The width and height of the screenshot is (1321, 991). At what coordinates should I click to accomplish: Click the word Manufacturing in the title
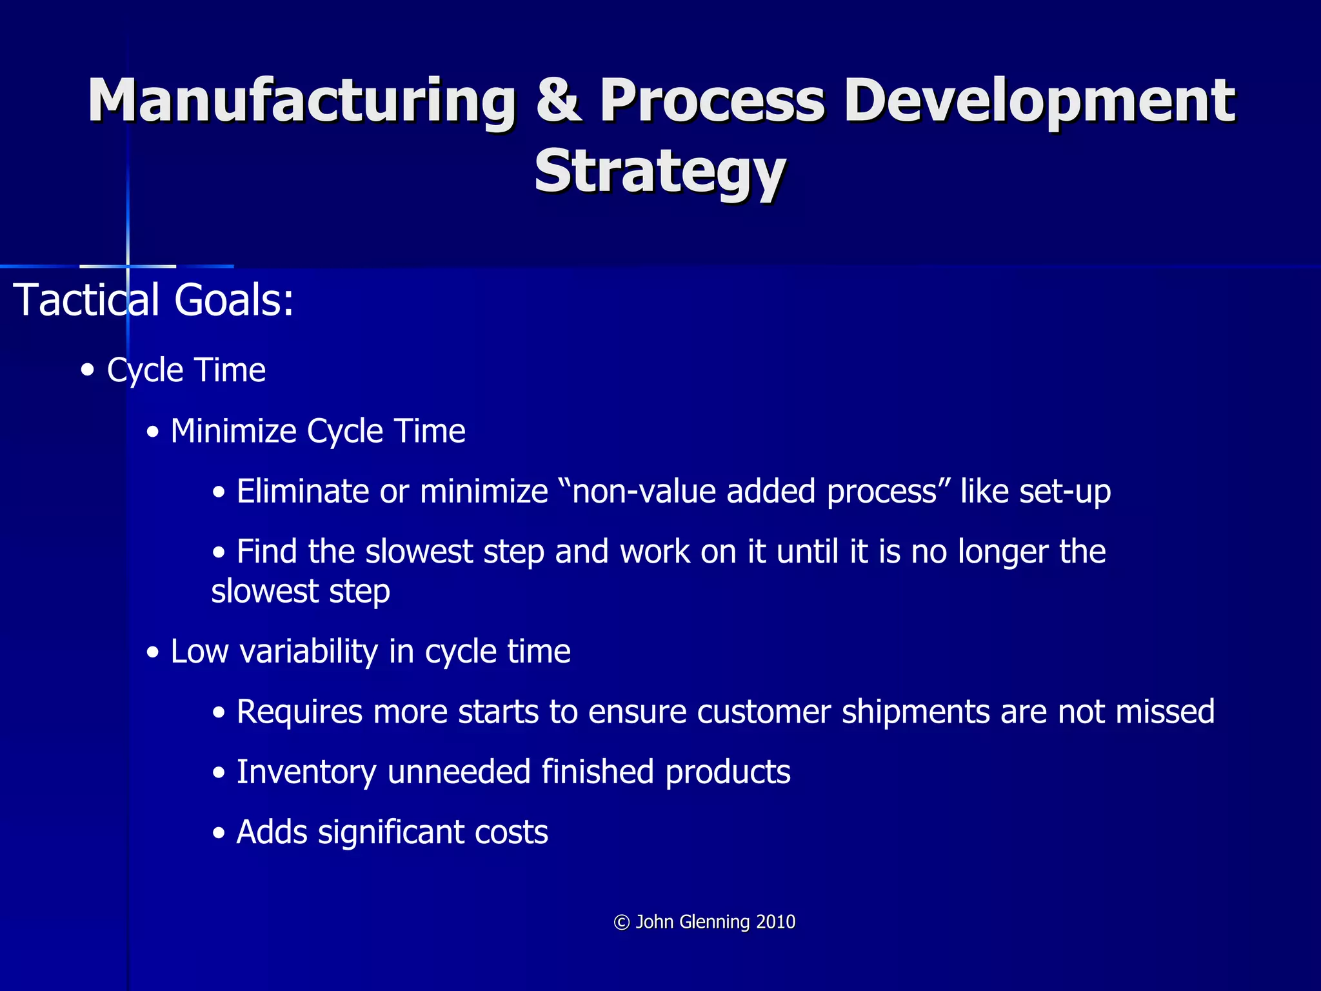[x=302, y=101]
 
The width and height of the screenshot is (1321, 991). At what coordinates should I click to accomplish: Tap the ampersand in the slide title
[x=559, y=101]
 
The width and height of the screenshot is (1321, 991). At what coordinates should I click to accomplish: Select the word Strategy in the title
[x=660, y=171]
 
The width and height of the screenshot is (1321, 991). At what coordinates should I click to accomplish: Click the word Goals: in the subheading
[x=234, y=301]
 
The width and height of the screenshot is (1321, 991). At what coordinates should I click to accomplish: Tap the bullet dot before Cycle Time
[x=88, y=371]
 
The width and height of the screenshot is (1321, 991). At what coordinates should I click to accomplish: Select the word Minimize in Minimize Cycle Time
[x=233, y=431]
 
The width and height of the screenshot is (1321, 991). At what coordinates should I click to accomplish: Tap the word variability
[x=308, y=652]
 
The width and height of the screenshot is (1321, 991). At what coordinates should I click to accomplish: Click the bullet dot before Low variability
[x=153, y=653]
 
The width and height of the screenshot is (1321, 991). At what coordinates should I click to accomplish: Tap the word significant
[x=391, y=833]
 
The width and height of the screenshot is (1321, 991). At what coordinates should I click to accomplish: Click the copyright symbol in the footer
[x=622, y=923]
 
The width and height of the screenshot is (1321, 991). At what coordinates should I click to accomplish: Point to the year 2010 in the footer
[x=776, y=922]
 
